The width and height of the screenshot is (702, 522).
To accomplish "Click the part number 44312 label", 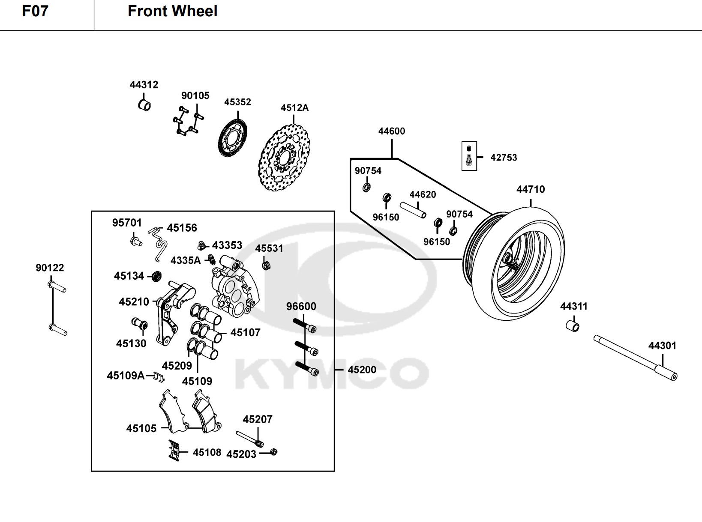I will point(144,85).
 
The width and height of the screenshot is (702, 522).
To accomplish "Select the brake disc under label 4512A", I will point(284,158).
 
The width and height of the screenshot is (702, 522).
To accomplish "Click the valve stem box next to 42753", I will point(469,156).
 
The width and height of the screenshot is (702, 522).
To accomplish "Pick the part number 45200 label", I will point(362,370).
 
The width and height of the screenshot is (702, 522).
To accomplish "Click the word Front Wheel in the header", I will point(172,11).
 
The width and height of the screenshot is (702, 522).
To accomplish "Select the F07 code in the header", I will point(35,11).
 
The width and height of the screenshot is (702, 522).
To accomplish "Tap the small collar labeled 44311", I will point(573,325).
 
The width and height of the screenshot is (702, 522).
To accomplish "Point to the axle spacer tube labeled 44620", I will point(413,209).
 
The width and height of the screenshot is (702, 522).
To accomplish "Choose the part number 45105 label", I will point(141,428).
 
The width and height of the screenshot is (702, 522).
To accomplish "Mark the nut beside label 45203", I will point(274,452).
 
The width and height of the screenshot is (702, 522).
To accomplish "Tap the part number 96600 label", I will point(301,306).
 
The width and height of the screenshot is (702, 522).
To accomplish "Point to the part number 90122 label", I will point(50,268).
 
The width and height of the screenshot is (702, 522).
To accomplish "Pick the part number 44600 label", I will point(391,131).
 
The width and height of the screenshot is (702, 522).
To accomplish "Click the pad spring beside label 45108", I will point(174,450).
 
